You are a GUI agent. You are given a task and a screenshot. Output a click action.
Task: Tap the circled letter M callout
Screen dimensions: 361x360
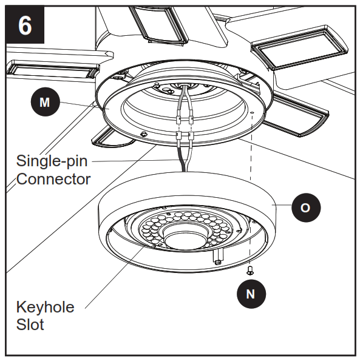click(45, 103)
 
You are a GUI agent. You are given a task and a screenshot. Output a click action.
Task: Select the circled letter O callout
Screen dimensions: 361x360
click(305, 207)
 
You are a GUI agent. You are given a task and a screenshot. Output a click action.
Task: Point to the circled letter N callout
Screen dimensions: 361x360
click(250, 294)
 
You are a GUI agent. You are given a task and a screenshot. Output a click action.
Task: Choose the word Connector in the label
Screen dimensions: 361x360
click(53, 179)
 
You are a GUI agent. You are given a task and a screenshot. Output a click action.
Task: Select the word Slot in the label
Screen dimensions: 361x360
click(30, 325)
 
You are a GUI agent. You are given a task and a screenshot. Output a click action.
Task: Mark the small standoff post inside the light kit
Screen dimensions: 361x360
click(217, 259)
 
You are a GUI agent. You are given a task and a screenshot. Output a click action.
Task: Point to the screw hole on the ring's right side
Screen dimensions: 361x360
click(251, 113)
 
